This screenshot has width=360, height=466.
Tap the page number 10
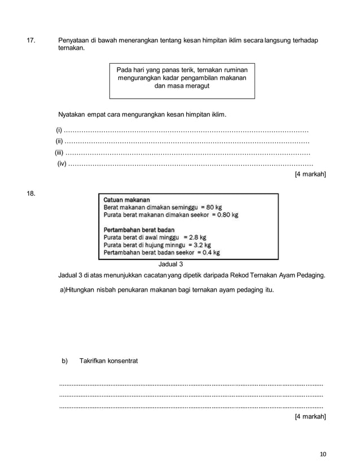pos(322,454)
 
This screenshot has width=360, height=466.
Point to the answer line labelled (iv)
pos(190,164)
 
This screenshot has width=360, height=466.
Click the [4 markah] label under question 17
pos(310,175)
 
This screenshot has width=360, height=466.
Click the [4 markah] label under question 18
pos(310,417)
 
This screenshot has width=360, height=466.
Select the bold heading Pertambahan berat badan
pos(139,230)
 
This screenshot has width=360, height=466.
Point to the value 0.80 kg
pos(228,215)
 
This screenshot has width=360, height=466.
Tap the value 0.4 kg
pos(209,253)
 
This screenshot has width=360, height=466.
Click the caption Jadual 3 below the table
pos(171,264)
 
